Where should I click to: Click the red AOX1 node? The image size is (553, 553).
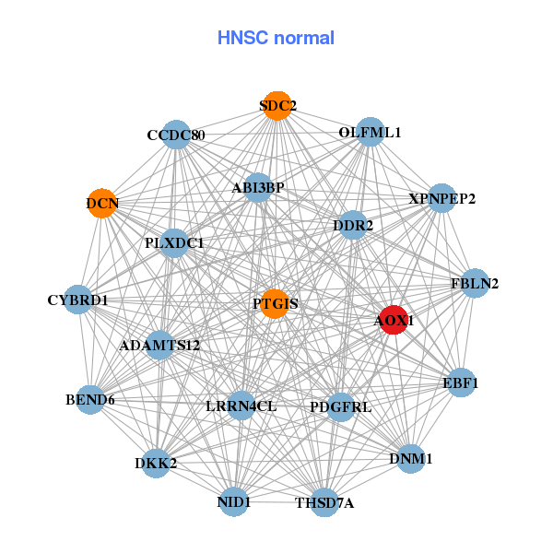click(x=394, y=320)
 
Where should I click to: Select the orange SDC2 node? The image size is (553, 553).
click(x=276, y=106)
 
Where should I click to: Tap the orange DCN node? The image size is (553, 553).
click(x=101, y=203)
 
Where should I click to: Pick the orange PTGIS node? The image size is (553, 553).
click(x=275, y=303)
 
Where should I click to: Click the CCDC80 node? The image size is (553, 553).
click(x=175, y=135)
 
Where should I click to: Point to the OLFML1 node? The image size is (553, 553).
click(x=370, y=132)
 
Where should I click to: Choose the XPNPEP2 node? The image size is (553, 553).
click(x=441, y=198)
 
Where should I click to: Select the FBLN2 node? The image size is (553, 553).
click(x=473, y=283)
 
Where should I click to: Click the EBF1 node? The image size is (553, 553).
click(x=461, y=382)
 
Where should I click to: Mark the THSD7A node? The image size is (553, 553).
click(x=324, y=502)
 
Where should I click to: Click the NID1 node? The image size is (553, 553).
click(x=234, y=501)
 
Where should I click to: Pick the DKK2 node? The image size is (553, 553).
click(x=155, y=463)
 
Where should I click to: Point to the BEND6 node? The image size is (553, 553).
click(x=90, y=400)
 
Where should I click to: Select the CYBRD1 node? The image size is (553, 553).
click(x=78, y=300)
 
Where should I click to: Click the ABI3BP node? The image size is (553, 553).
click(x=258, y=187)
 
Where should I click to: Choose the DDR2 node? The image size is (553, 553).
click(x=354, y=225)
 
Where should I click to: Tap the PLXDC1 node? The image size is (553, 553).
click(x=174, y=243)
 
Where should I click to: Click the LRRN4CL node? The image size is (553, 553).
click(x=241, y=406)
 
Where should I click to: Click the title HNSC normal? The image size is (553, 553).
click(x=276, y=38)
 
